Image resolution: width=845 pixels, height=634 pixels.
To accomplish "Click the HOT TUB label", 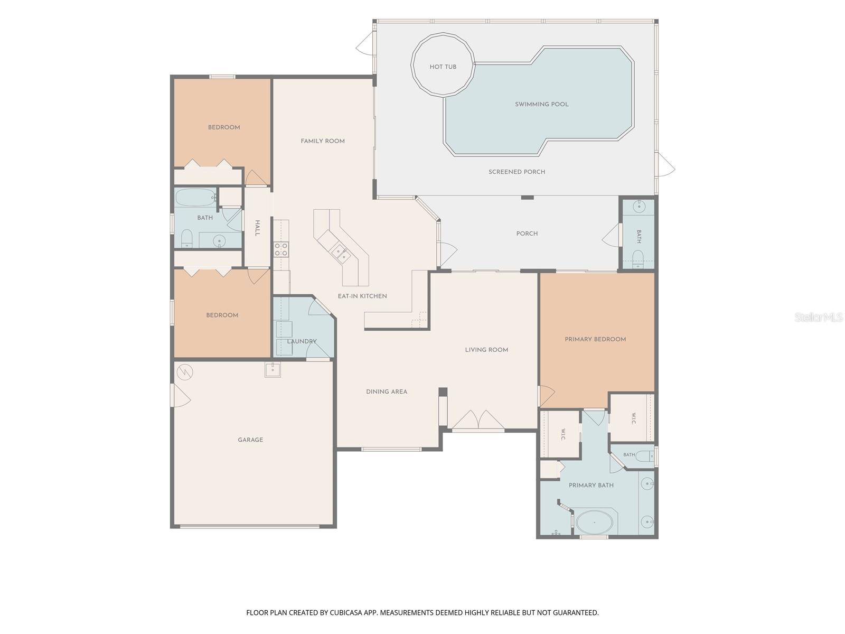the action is [443, 67].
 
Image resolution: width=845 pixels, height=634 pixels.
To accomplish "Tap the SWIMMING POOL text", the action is [542, 104].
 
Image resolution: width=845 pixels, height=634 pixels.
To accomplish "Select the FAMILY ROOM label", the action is [323, 141].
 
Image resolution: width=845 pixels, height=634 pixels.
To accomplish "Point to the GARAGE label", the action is [250, 440].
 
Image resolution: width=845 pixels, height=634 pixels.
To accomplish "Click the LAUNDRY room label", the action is [302, 341].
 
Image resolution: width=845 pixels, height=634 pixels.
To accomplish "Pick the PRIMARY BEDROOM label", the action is [595, 340].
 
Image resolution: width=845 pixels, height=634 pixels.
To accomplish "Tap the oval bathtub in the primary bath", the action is [594, 523].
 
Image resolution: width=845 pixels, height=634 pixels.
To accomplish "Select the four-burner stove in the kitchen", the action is [281, 249].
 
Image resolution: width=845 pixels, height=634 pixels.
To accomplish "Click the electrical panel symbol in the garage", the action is [185, 372].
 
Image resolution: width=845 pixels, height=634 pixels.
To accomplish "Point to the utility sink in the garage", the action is [273, 369].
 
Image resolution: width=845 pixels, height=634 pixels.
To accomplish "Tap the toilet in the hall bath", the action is [186, 239].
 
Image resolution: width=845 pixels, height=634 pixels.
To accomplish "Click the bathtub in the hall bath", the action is [196, 198].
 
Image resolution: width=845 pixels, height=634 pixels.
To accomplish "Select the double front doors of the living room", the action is [478, 421].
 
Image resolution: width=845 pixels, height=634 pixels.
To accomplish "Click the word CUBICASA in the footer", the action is [346, 612].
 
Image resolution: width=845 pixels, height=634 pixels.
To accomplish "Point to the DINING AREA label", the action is [387, 392].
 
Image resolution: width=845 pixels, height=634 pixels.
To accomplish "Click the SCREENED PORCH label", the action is [517, 172].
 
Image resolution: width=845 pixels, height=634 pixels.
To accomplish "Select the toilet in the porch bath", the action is [639, 259].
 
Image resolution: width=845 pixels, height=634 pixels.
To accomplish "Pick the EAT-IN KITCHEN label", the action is [362, 296].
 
